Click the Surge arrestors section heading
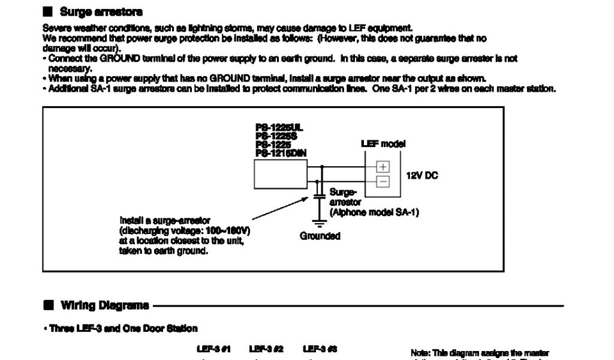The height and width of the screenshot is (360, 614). [101, 12]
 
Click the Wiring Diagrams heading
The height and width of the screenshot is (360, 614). [104, 305]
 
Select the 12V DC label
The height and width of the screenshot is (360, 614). [423, 175]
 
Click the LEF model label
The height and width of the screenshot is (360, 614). [383, 144]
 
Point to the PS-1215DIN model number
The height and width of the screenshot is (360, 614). [281, 153]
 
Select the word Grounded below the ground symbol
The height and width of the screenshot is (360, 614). [320, 236]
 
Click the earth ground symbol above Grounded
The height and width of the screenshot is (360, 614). [320, 223]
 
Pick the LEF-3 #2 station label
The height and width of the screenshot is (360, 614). [266, 349]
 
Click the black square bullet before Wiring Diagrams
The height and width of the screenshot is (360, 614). [49, 305]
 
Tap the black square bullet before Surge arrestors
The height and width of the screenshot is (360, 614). [48, 12]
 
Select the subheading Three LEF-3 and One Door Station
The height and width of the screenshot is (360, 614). [123, 329]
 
